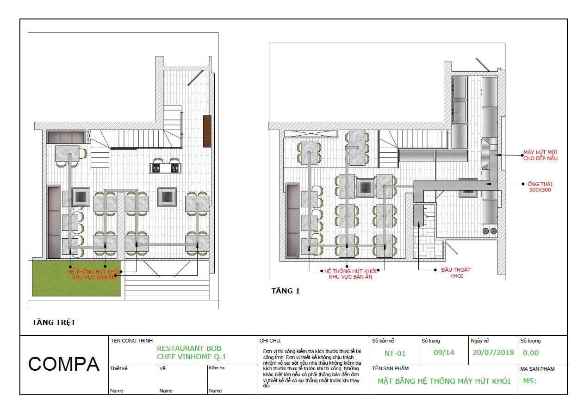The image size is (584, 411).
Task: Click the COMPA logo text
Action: point(64,364)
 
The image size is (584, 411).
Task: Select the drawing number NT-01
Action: point(395,353)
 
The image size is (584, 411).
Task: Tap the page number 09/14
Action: point(444,353)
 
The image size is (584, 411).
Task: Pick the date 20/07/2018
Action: point(493,353)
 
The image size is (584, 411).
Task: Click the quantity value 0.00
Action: point(531,353)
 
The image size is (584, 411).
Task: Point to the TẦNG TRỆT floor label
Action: point(54,323)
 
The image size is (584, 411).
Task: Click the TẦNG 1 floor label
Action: point(286,291)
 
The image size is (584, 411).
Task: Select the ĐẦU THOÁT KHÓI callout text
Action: point(456,273)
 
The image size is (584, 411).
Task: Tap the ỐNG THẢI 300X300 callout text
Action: point(540,187)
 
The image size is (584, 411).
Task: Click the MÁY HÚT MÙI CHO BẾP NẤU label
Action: point(541,155)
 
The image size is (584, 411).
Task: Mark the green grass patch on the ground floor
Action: point(76,278)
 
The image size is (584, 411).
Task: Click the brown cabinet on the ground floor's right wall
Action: point(207,131)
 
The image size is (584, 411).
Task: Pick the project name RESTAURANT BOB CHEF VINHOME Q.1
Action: point(192,352)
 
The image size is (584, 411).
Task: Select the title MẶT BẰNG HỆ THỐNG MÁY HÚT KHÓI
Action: point(444,381)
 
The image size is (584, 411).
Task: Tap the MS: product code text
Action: point(530,381)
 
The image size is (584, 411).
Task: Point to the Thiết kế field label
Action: point(118,368)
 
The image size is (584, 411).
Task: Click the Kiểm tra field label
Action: point(217,367)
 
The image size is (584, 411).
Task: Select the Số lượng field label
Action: point(531,341)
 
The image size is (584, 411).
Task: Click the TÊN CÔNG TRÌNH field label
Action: point(132,341)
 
